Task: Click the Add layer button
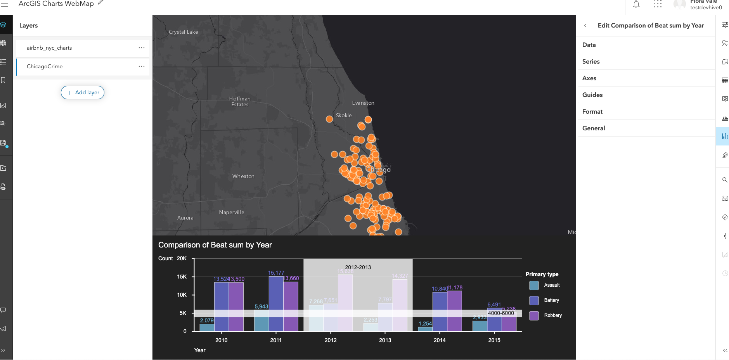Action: [x=83, y=92]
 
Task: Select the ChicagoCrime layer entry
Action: [x=45, y=67]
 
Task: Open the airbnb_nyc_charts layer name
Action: [x=49, y=48]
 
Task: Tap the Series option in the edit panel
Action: [x=591, y=62]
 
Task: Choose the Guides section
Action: [x=592, y=95]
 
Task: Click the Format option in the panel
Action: [x=592, y=112]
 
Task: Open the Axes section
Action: [x=589, y=78]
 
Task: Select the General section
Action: [x=594, y=128]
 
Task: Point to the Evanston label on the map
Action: [x=363, y=103]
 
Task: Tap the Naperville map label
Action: [x=232, y=213]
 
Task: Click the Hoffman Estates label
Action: [x=240, y=102]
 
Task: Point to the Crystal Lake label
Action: [x=183, y=32]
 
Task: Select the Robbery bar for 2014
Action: [x=454, y=311]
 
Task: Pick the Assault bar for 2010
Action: [x=207, y=327]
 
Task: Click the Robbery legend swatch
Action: [x=534, y=315]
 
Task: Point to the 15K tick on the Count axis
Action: [x=182, y=277]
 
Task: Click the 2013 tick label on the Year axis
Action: [x=385, y=340]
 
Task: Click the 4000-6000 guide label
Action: [x=501, y=313]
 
